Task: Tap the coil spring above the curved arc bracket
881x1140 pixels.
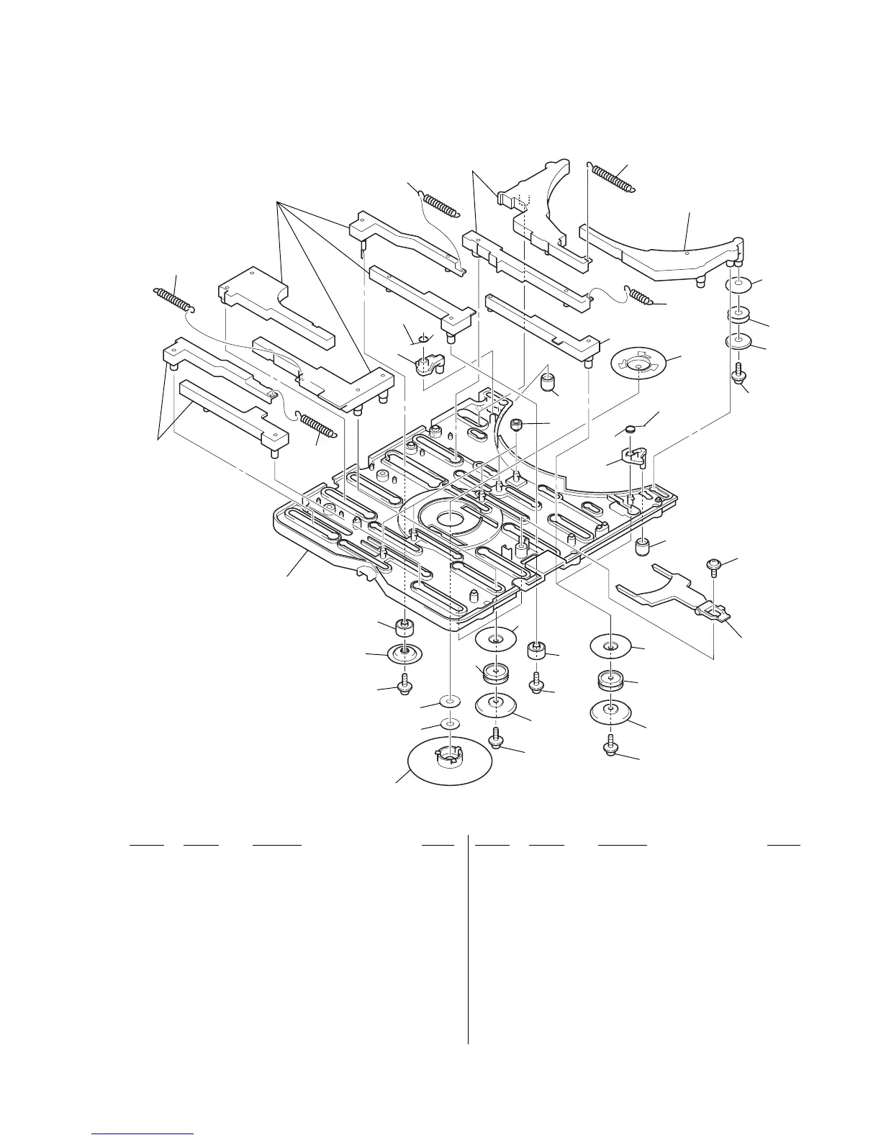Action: (x=613, y=176)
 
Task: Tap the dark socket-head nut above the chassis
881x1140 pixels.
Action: (x=516, y=426)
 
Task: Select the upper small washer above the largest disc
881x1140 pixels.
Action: (x=449, y=701)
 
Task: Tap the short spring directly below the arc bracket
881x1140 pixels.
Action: (x=641, y=296)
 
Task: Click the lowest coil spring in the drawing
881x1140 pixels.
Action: (x=316, y=425)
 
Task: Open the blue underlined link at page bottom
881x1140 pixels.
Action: (x=143, y=1134)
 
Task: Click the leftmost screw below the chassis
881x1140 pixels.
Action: (x=405, y=683)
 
